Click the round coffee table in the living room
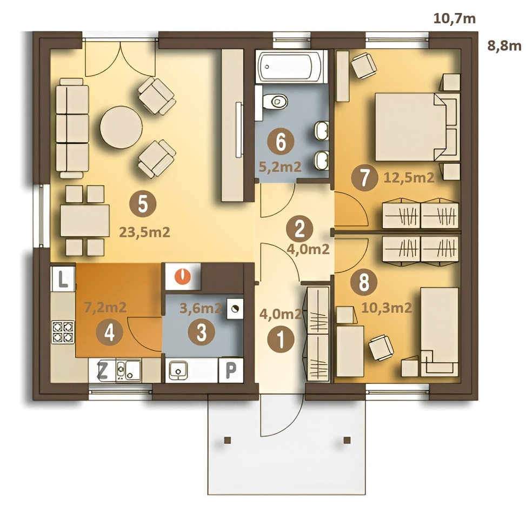point(121,128)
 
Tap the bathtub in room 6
point(291,66)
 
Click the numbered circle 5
point(143,204)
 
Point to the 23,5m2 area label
point(144,232)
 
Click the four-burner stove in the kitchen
point(63,332)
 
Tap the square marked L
point(62,279)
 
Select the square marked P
point(231,370)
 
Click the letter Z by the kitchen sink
point(102,371)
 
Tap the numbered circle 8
point(364,282)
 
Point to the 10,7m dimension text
point(455,18)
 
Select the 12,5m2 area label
point(409,177)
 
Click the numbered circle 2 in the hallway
point(299,229)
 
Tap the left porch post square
point(228,440)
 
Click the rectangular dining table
point(85,221)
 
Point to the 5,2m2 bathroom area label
point(280,167)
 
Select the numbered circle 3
point(201,332)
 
